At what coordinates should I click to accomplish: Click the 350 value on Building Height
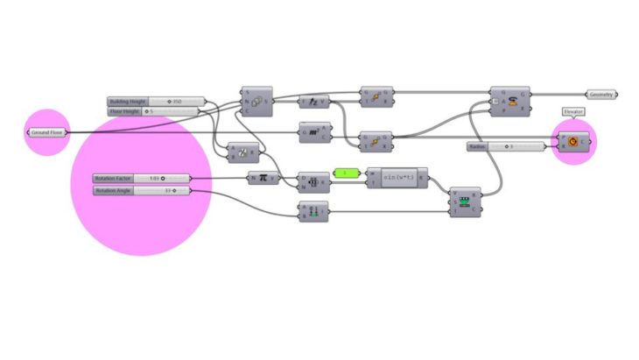click(x=176, y=102)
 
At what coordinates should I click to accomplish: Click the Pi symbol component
click(x=263, y=178)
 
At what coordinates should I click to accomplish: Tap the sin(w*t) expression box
click(x=398, y=178)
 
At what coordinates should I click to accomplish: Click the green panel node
click(x=346, y=173)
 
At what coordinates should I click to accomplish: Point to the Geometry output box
click(x=602, y=94)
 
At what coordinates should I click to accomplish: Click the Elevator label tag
click(x=574, y=112)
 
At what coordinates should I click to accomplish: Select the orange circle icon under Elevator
click(x=574, y=140)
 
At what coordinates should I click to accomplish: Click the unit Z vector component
click(x=314, y=102)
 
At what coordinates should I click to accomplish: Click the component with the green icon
click(x=465, y=202)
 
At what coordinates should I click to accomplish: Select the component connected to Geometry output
click(x=509, y=102)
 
